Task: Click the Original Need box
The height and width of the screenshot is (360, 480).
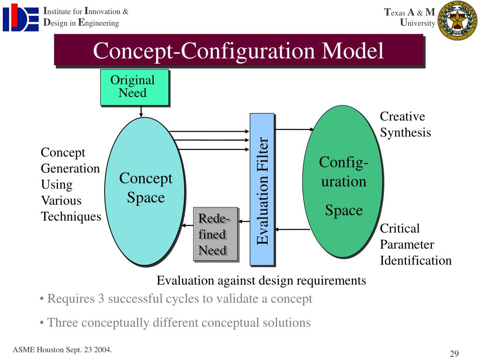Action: pos(134,87)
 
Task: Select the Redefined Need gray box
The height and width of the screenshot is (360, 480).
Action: pos(216,234)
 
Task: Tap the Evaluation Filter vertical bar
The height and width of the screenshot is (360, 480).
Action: pos(262,189)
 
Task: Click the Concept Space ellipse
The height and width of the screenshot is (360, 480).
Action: pos(145,191)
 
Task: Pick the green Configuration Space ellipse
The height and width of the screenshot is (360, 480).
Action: pos(343,182)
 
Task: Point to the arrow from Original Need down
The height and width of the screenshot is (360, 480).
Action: pos(141,112)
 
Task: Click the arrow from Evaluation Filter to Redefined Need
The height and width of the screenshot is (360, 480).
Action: pos(244,221)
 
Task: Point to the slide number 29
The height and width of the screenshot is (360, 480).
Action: pos(454,353)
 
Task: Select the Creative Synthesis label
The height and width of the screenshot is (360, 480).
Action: pos(405,124)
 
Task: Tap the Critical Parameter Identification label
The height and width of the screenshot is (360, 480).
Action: pos(415,244)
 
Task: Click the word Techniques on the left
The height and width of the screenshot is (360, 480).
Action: pos(71,217)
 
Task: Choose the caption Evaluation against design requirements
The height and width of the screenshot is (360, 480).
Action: pos(261,281)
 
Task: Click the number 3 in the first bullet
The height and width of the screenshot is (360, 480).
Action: pos(101,299)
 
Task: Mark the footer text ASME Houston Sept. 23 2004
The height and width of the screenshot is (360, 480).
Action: pos(62,349)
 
